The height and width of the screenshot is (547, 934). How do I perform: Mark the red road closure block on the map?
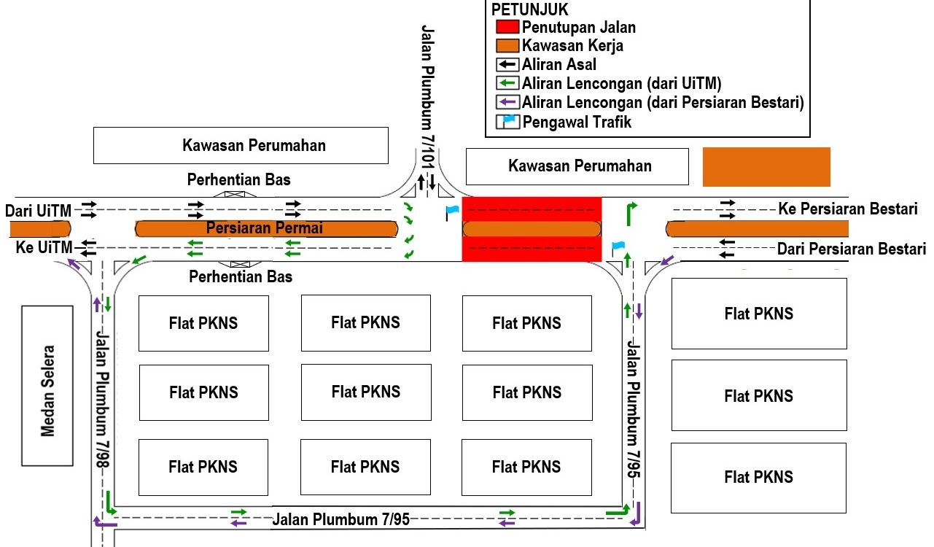(532, 228)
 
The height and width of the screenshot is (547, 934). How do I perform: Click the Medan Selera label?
(48, 386)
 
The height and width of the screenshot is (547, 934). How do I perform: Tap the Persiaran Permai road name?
(264, 228)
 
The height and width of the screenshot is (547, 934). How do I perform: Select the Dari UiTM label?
(39, 211)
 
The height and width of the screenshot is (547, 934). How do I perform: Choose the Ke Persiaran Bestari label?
(847, 209)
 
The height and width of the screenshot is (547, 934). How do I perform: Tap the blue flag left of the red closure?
(452, 212)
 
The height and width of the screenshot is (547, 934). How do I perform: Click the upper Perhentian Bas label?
(239, 179)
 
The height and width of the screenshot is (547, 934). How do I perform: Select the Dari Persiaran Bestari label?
(851, 249)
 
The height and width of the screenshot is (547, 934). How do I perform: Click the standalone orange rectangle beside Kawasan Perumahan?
(766, 166)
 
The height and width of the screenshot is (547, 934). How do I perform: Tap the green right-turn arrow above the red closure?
(631, 213)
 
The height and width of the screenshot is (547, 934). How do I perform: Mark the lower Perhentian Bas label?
(241, 277)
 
